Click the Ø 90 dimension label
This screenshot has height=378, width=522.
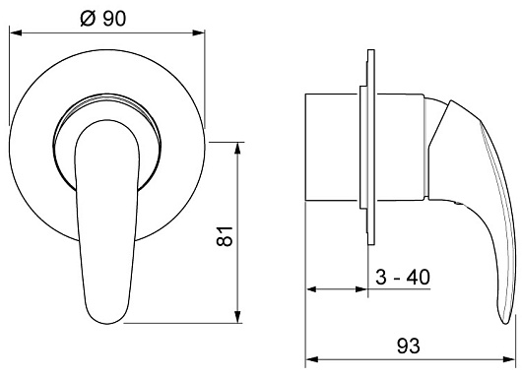103,19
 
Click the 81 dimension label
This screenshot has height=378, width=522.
224,236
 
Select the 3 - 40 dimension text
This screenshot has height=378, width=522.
403,277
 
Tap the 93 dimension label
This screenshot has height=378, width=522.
409,346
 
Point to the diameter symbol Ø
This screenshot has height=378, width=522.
89,19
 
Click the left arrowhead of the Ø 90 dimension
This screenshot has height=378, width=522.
16,32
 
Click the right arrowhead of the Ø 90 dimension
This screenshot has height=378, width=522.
198,32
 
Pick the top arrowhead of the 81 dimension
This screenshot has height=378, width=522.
237,149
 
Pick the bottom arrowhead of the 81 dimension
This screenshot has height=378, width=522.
237,317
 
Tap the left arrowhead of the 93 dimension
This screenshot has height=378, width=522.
311,359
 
